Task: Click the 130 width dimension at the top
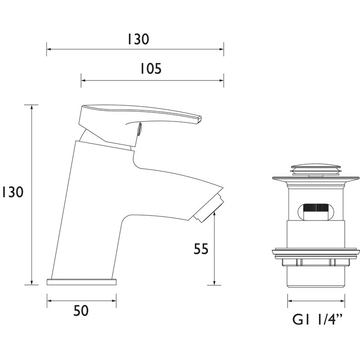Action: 137,40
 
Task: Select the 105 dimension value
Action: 149,69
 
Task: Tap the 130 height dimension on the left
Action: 12,192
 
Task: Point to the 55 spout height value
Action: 201,249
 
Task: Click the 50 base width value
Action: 81,310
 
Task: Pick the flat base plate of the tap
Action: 81,282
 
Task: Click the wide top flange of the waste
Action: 315,180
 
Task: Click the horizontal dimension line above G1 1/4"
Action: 316,301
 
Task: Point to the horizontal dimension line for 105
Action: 153,81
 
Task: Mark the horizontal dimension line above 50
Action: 81,301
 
